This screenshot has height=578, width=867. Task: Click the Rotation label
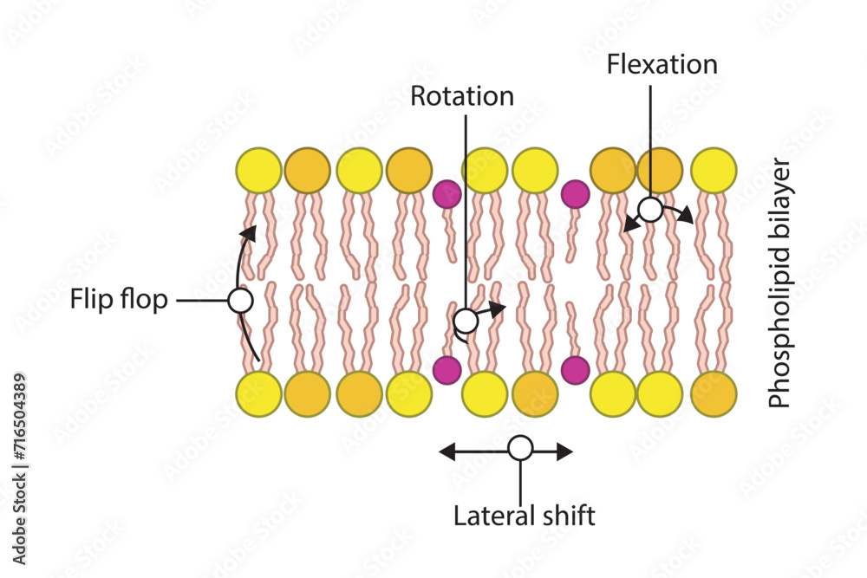[x=462, y=96]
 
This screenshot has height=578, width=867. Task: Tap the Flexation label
[x=662, y=64]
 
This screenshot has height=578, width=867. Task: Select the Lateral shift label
[x=525, y=516]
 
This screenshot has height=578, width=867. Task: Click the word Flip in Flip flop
[x=89, y=300]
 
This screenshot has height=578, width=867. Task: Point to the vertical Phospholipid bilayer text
[x=780, y=283]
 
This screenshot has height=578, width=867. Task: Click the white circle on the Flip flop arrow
[x=241, y=302]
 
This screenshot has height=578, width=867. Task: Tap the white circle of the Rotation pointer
[x=466, y=321]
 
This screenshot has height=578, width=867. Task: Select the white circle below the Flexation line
[x=650, y=210]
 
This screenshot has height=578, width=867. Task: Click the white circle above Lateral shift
[x=520, y=448]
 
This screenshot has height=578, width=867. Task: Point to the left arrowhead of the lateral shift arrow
[x=447, y=452]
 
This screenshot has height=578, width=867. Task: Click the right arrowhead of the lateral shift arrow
[x=564, y=452]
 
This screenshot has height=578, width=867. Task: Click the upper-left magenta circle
[x=447, y=194]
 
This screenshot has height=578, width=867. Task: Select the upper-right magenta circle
[x=575, y=194]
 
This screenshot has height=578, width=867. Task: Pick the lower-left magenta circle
[x=447, y=370]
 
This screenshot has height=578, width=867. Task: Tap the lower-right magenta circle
[x=575, y=370]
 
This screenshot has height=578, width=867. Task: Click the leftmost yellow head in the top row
[x=258, y=170]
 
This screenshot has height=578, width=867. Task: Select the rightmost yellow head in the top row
[x=714, y=170]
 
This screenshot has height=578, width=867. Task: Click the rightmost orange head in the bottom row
[x=714, y=394]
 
